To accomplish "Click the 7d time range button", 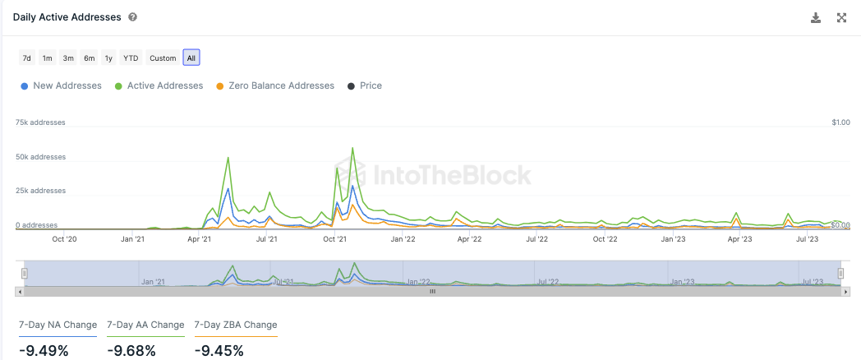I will tap(26, 58).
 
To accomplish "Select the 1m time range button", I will tap(48, 58).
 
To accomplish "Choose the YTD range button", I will tap(131, 58).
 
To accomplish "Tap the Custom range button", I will tap(163, 58).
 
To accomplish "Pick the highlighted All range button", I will tap(191, 58).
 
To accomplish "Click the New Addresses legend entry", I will tap(62, 85).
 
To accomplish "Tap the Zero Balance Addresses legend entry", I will tap(274, 85).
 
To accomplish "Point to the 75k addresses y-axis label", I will tap(40, 122).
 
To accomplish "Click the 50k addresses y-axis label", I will tap(40, 157).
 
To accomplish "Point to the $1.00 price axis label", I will tap(840, 122).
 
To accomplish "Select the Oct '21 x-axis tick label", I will tap(334, 239).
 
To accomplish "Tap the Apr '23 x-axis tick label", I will tap(740, 239).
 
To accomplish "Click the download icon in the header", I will tap(816, 17).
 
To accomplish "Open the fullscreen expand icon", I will tap(841, 17).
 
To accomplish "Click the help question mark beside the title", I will tap(133, 17).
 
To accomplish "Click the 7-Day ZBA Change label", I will tap(236, 325).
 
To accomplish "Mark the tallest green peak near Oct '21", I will tap(352, 149).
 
